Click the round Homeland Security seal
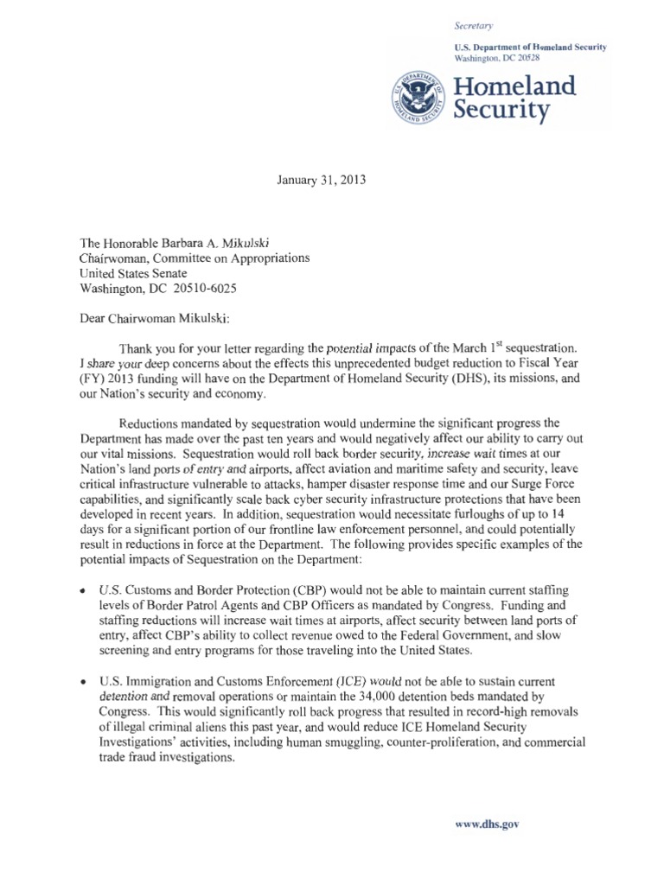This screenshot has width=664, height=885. coord(413,98)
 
